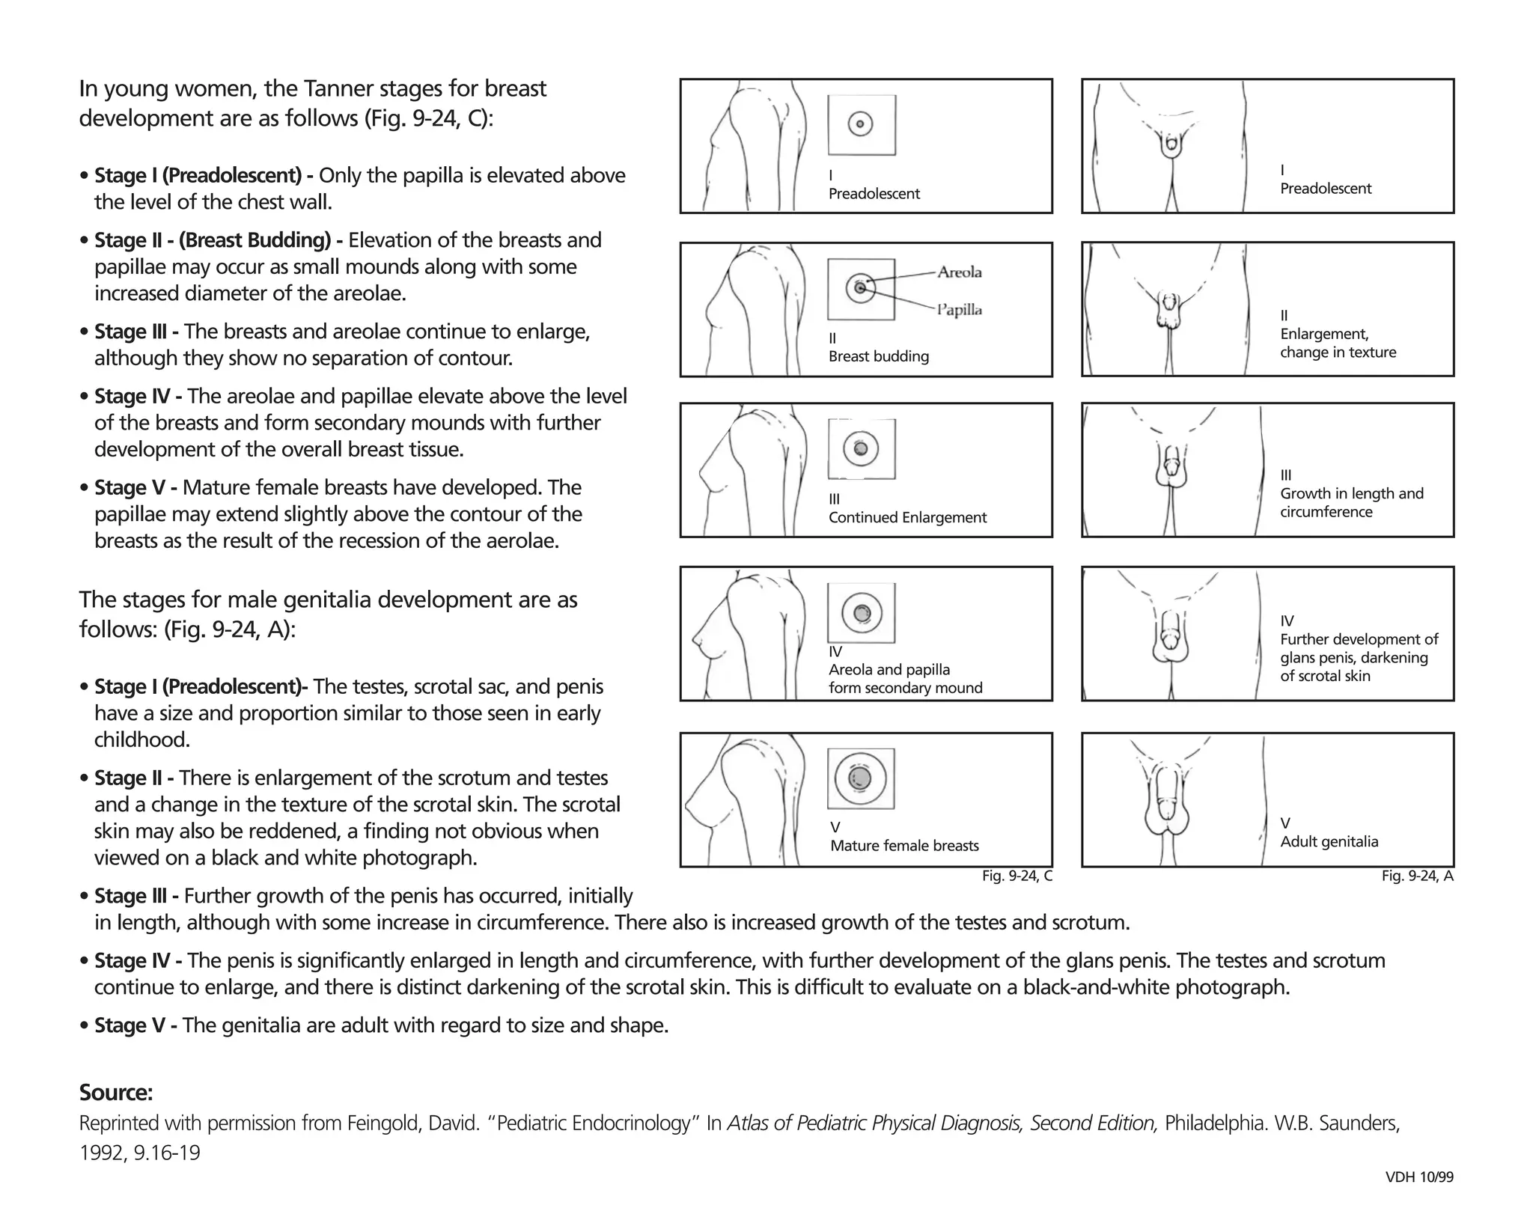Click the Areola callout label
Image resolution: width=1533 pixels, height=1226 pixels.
pyautogui.click(x=959, y=272)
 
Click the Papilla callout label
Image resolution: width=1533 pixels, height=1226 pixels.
pyautogui.click(x=959, y=310)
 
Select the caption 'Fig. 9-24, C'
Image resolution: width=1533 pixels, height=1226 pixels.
pyautogui.click(x=1017, y=876)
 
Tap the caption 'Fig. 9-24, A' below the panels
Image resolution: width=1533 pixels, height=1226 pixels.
pyautogui.click(x=1417, y=876)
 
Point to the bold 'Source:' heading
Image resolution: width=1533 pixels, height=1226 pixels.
pyautogui.click(x=116, y=1093)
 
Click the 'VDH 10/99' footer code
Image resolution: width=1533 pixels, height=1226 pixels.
pyautogui.click(x=1419, y=1177)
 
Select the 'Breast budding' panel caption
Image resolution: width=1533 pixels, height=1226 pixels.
pyautogui.click(x=878, y=356)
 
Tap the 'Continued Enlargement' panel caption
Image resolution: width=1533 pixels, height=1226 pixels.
pyautogui.click(x=907, y=517)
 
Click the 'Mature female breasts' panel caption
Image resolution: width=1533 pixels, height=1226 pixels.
pyautogui.click(x=904, y=846)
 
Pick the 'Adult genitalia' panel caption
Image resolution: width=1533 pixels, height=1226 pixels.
pyautogui.click(x=1329, y=841)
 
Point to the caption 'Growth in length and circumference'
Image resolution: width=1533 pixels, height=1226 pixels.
pyautogui.click(x=1351, y=502)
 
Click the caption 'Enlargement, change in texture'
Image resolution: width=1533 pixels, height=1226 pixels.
pyautogui.click(x=1338, y=343)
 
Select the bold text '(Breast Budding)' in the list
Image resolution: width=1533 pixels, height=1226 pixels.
pyautogui.click(x=255, y=240)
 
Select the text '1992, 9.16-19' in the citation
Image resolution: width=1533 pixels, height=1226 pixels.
pyautogui.click(x=140, y=1153)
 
